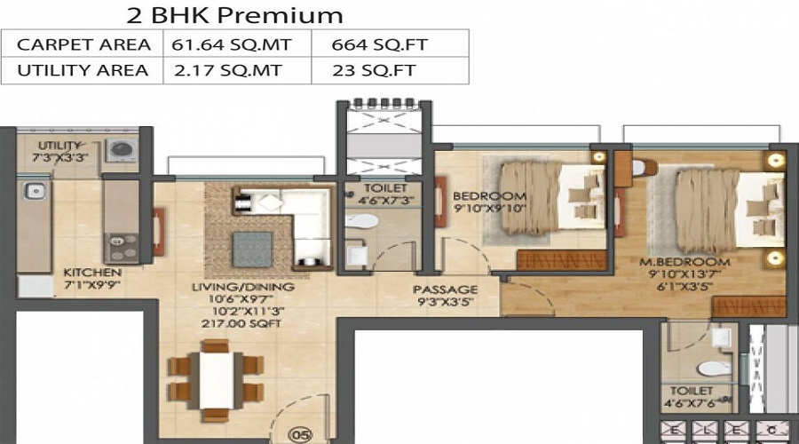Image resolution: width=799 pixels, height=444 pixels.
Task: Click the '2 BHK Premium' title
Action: click(x=234, y=15)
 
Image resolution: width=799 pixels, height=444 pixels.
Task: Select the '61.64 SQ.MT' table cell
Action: click(x=232, y=45)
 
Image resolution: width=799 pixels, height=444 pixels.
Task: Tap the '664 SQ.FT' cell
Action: click(x=380, y=45)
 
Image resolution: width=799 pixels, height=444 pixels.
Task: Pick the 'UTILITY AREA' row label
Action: click(x=83, y=70)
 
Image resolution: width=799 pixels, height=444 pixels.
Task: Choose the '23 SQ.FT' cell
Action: click(x=375, y=70)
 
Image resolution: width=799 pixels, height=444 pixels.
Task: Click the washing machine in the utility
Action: click(x=122, y=150)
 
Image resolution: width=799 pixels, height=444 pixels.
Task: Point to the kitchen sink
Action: click(x=35, y=191)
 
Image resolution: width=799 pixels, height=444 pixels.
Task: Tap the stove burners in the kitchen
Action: click(x=122, y=248)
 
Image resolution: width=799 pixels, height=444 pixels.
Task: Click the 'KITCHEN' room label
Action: click(x=92, y=273)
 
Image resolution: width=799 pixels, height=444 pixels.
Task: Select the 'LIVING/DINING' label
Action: click(x=243, y=287)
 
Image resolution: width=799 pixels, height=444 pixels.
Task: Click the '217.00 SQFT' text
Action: click(x=241, y=324)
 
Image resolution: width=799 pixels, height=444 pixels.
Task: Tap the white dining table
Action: click(x=217, y=380)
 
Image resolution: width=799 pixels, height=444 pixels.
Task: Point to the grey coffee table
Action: click(x=253, y=250)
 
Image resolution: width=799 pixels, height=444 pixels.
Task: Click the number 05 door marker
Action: click(x=300, y=435)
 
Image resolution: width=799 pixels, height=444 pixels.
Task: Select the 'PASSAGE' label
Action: click(x=446, y=289)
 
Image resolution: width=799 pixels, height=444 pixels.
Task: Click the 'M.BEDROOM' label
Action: click(x=684, y=263)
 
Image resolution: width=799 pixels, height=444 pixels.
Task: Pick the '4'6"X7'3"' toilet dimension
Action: click(x=386, y=201)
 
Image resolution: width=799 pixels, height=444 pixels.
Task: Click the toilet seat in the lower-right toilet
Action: click(x=715, y=369)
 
